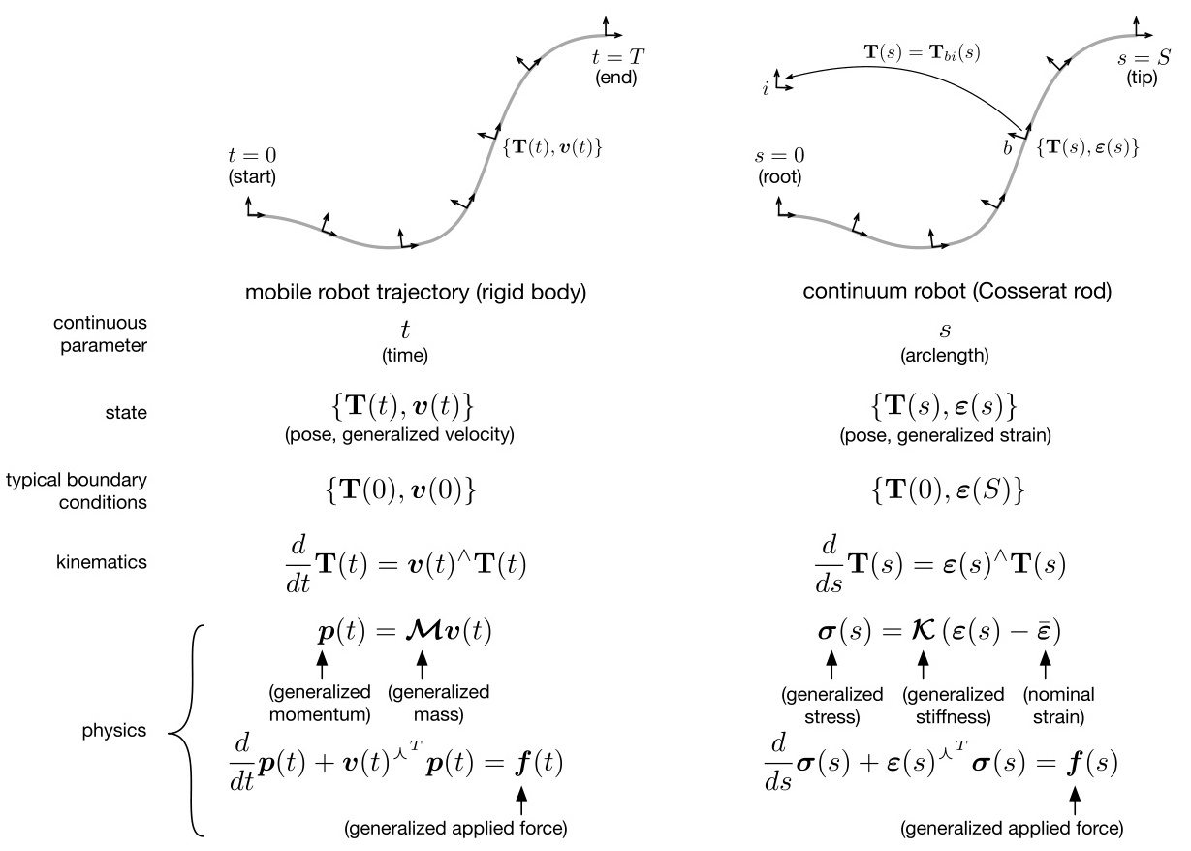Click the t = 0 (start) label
tap(252, 168)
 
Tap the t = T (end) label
tap(616, 68)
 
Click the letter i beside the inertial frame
tap(767, 89)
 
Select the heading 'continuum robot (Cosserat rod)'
tap(948, 291)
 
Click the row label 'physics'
tap(113, 730)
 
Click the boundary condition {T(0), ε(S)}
tap(948, 491)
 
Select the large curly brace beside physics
tap(187, 730)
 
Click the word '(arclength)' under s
tap(947, 355)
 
